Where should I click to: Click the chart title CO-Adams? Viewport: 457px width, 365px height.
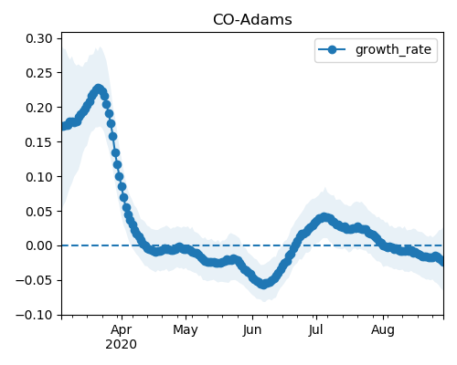pyautogui.click(x=252, y=20)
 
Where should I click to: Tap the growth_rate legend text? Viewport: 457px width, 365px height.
pyautogui.click(x=393, y=49)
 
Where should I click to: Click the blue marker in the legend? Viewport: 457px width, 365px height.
pyautogui.click(x=332, y=49)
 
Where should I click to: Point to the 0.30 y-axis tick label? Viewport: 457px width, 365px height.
pyautogui.click(x=39, y=38)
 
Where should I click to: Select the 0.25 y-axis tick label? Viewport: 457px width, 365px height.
pyautogui.click(x=39, y=73)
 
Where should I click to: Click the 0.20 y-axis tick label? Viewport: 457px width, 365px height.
pyautogui.click(x=39, y=108)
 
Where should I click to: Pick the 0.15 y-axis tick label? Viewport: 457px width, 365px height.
pyautogui.click(x=39, y=142)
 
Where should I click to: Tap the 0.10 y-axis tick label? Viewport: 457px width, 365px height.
pyautogui.click(x=39, y=177)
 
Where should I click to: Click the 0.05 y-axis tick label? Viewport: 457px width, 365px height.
pyautogui.click(x=39, y=212)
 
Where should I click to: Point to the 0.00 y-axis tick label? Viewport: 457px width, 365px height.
pyautogui.click(x=39, y=245)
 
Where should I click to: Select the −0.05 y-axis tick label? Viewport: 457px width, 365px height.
pyautogui.click(x=34, y=280)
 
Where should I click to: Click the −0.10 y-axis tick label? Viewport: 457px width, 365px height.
pyautogui.click(x=34, y=315)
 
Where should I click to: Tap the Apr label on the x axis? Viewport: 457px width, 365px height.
pyautogui.click(x=122, y=330)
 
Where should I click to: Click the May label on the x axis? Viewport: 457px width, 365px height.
pyautogui.click(x=186, y=330)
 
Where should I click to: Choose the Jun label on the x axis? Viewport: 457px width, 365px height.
pyautogui.click(x=252, y=329)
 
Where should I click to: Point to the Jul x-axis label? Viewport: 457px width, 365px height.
pyautogui.click(x=315, y=329)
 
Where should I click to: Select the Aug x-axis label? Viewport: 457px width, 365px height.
pyautogui.click(x=383, y=330)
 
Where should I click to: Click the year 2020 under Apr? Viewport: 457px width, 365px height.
pyautogui.click(x=121, y=345)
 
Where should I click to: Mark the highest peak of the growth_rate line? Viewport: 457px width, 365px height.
pyautogui.click(x=98, y=89)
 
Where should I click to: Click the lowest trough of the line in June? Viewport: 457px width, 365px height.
pyautogui.click(x=263, y=284)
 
